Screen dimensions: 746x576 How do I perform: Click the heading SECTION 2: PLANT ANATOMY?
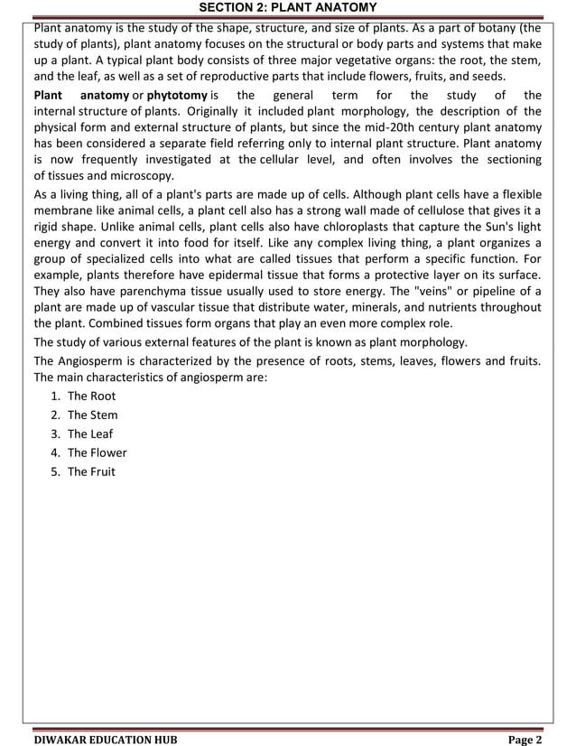click(x=287, y=8)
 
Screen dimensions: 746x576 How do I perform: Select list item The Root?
click(x=91, y=396)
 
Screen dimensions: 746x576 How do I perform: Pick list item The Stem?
click(x=92, y=415)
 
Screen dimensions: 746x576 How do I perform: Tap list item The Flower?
click(x=97, y=452)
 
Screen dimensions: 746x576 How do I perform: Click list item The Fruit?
click(x=91, y=471)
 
